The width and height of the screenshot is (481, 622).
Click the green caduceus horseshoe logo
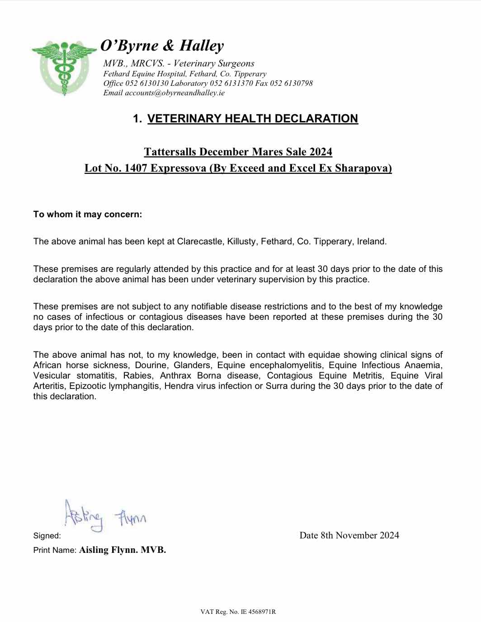[64, 66]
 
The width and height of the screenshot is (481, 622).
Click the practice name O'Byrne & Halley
[162, 46]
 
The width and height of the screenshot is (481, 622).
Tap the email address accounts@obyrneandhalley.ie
[174, 93]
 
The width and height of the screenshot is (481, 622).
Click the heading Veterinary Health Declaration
[252, 119]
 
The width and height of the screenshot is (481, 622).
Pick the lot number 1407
[136, 168]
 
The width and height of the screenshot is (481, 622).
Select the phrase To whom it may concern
[87, 215]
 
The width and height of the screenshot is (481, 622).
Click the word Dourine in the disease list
[151, 365]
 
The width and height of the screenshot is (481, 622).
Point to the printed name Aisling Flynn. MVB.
[123, 550]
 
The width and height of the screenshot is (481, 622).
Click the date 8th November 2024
[359, 536]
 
